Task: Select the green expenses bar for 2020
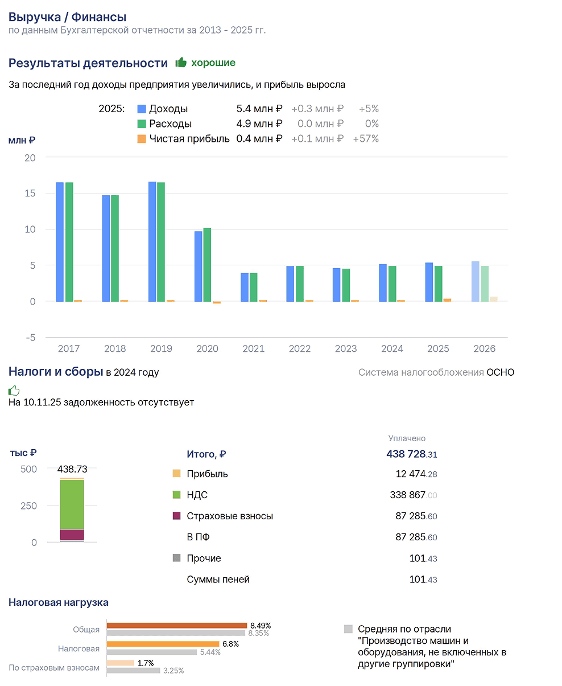point(206,265)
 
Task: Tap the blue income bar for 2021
point(244,287)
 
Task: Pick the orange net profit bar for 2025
point(447,299)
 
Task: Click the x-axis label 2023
point(345,348)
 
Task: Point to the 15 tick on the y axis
point(30,193)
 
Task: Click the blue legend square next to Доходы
point(142,109)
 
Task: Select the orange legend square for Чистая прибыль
point(142,139)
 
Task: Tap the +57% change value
point(366,139)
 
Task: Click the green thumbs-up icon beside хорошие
point(181,62)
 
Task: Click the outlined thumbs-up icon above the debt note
point(14,390)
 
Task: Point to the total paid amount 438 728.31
point(411,454)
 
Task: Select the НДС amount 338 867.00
point(413,495)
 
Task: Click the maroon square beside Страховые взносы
point(176,516)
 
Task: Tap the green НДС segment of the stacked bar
point(72,504)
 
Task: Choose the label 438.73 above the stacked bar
point(72,469)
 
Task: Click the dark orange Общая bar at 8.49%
point(176,625)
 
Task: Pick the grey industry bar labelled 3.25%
point(133,671)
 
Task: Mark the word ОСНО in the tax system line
point(500,372)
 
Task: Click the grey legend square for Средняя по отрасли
point(348,629)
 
